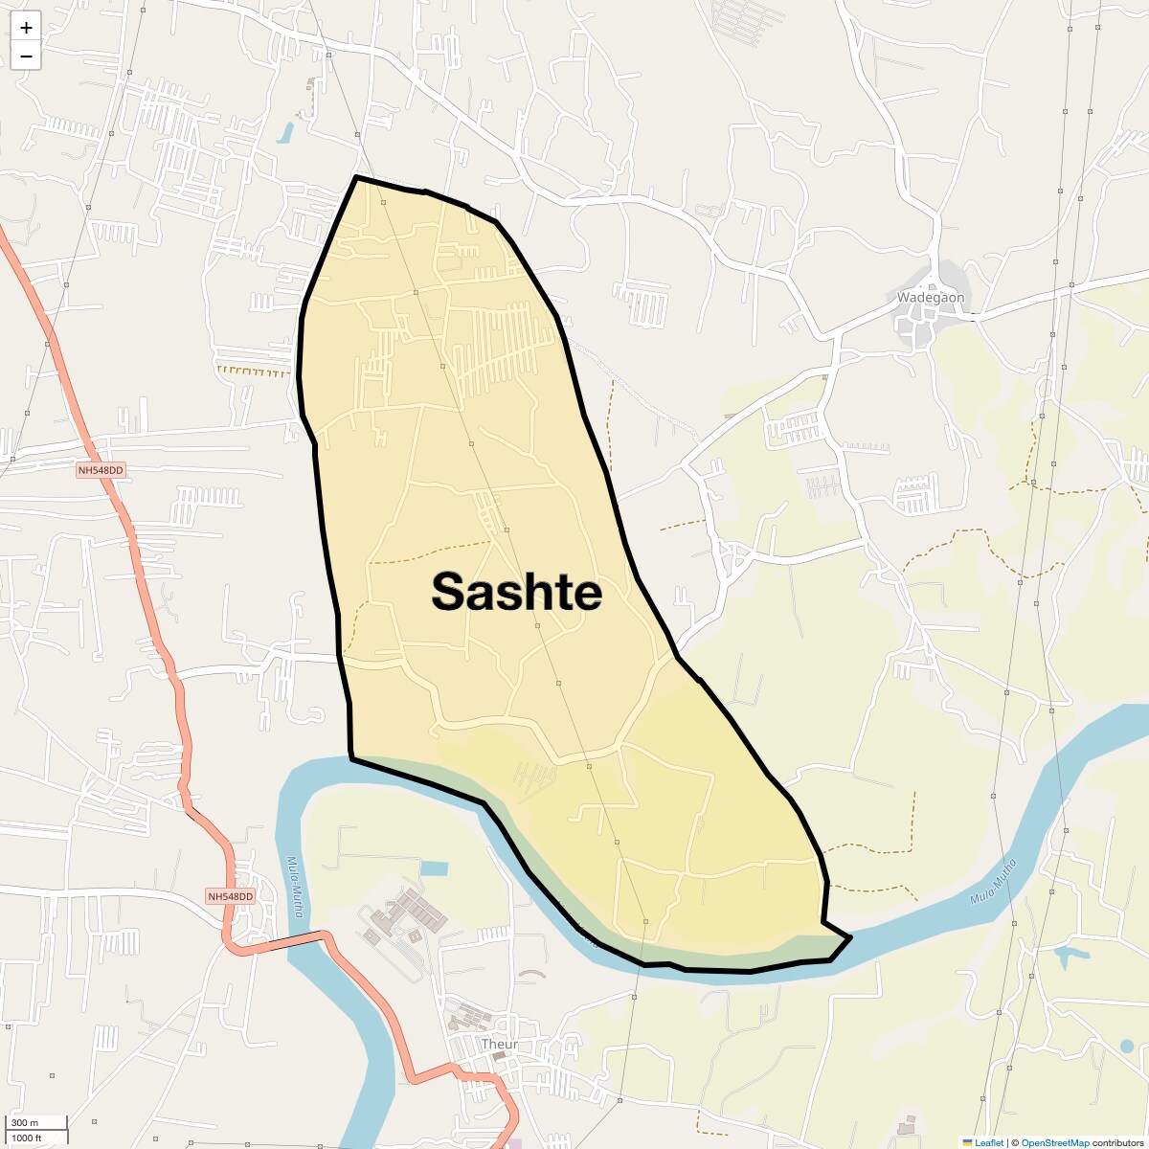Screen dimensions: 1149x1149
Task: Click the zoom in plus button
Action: click(26, 28)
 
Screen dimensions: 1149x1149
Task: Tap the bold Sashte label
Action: click(516, 592)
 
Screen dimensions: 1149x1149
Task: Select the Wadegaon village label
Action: click(930, 297)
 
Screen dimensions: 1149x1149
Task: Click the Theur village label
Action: click(499, 1044)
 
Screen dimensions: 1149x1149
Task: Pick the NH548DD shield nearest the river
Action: click(231, 896)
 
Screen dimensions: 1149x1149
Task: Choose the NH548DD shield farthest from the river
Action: click(101, 470)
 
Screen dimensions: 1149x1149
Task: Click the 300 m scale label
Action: click(25, 1122)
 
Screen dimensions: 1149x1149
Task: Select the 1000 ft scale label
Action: click(28, 1138)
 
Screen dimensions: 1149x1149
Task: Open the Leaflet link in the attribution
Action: click(989, 1142)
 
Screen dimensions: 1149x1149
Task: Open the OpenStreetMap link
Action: click(1054, 1142)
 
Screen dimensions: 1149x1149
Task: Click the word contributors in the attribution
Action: click(1117, 1142)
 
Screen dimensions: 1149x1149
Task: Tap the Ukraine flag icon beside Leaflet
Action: click(968, 1142)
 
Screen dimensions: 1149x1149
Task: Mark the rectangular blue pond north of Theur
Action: click(434, 868)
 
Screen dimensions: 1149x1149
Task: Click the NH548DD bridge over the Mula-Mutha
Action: click(306, 937)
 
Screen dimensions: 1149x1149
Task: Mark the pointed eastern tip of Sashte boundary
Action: click(850, 936)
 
